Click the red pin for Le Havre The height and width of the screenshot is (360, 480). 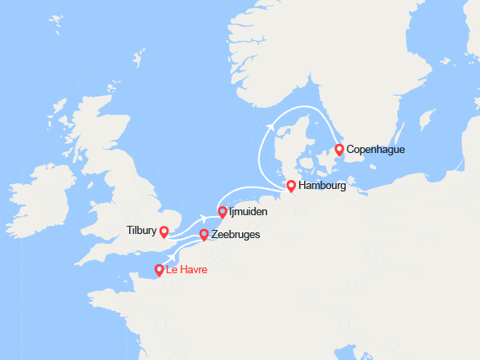(x=159, y=269)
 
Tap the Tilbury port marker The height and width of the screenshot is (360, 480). (x=164, y=232)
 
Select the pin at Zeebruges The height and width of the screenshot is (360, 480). (x=204, y=235)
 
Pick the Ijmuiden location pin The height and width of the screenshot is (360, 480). (x=222, y=212)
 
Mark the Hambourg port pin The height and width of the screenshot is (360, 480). (x=290, y=186)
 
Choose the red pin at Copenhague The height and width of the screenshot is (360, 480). (x=339, y=150)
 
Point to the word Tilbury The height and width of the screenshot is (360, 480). (x=141, y=231)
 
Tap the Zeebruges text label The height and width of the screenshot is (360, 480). (x=236, y=235)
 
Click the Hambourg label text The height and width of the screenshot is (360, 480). (x=322, y=186)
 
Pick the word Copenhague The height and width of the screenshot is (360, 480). (x=375, y=150)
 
